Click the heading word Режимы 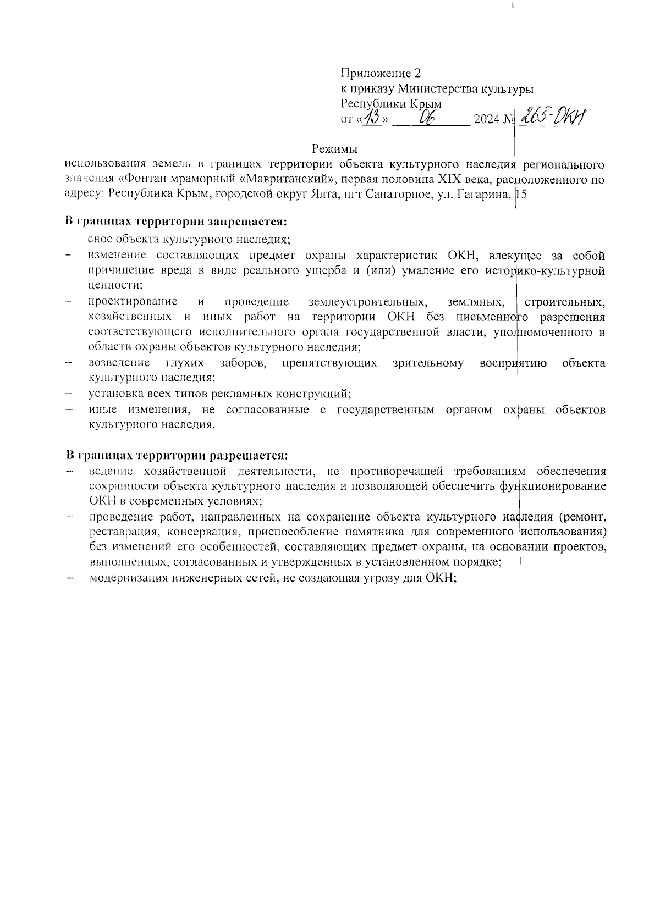coord(334,148)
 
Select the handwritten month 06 coord(428,118)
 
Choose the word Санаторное coord(392,194)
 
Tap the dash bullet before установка coord(69,394)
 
